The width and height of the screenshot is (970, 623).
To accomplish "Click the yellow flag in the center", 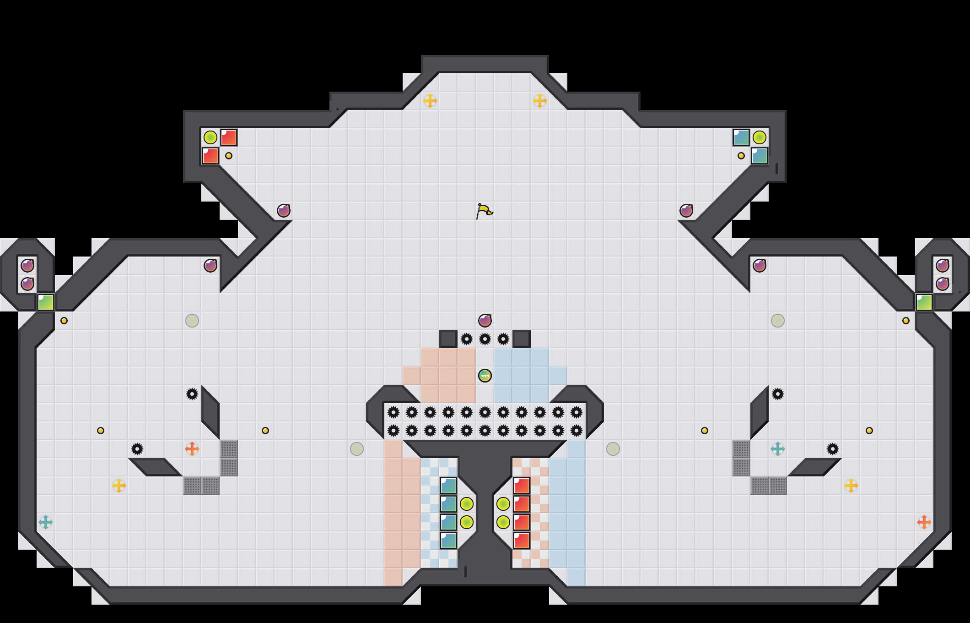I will point(484,211).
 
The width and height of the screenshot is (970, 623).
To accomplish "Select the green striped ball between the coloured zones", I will point(485,376).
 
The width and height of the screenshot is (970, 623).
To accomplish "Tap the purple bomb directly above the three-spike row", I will point(485,321).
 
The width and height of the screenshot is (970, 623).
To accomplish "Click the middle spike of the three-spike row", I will point(485,339).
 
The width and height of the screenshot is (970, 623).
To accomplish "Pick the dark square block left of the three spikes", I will point(448,339).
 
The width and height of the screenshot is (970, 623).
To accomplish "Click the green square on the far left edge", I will point(46,302).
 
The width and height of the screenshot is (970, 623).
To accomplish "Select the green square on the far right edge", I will point(924,302).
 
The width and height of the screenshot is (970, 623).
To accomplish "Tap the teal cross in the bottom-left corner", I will point(46,522).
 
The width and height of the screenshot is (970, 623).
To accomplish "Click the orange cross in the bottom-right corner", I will point(924,522).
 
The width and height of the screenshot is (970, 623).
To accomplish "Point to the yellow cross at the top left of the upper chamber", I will point(430,101).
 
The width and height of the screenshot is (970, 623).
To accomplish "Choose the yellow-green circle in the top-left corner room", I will point(210,137).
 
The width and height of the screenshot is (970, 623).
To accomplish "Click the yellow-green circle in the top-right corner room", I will point(760,137).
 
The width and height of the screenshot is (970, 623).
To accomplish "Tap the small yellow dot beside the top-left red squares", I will point(229,156).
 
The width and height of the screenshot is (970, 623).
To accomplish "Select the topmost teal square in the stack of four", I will point(448,486).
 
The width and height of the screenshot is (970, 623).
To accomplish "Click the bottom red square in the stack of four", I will point(522,541).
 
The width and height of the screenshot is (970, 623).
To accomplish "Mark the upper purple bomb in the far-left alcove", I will point(27,266).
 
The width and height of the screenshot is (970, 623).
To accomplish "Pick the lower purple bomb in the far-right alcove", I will point(943,284).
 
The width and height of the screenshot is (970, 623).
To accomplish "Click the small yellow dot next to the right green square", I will point(906,321).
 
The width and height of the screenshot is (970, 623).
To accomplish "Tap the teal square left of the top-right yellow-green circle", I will point(741,137).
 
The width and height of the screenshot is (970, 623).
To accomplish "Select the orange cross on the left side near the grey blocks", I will point(192,449).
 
